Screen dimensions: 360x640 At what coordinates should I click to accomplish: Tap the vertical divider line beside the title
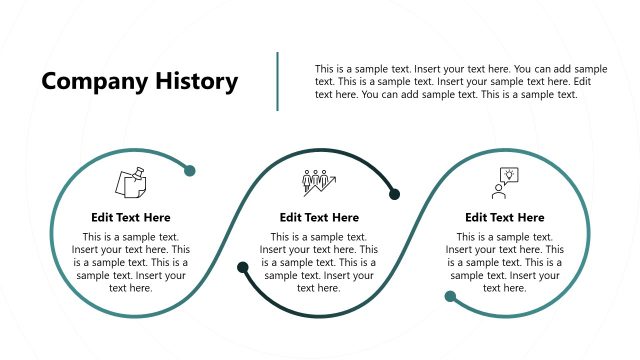click(x=277, y=81)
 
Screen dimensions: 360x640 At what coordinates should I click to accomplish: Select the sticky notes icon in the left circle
click(x=131, y=183)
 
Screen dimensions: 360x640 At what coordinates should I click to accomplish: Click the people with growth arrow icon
click(x=319, y=183)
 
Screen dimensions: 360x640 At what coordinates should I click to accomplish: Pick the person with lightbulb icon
click(x=503, y=183)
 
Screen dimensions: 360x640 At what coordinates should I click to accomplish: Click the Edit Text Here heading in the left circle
click(x=131, y=217)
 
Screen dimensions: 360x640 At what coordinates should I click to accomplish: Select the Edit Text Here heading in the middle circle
click(x=319, y=217)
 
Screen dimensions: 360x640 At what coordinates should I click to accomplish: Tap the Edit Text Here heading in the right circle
click(x=505, y=217)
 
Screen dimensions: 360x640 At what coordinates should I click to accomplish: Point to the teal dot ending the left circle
click(x=190, y=171)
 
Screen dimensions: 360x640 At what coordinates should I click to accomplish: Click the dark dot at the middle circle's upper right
click(x=394, y=194)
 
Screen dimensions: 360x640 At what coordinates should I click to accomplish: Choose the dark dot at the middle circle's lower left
click(x=243, y=267)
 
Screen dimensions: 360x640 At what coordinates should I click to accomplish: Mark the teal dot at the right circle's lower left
click(x=450, y=296)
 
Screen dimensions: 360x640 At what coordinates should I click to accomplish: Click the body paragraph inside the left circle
click(x=131, y=262)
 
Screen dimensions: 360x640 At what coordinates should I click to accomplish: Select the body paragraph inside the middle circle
click(x=319, y=262)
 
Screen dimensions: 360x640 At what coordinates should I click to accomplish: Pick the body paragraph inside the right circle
click(x=505, y=262)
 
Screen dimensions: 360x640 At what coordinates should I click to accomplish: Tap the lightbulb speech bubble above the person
click(x=508, y=175)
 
